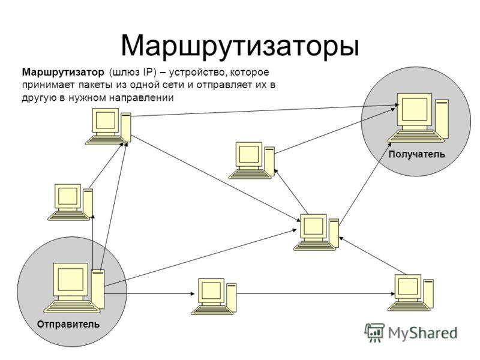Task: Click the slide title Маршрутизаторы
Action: click(x=240, y=47)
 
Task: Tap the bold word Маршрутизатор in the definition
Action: click(x=63, y=73)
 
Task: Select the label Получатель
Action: click(x=416, y=154)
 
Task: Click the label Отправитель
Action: click(x=68, y=324)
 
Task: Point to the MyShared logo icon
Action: click(x=374, y=332)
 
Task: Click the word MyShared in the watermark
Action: click(x=422, y=332)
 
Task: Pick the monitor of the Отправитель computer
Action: click(x=70, y=282)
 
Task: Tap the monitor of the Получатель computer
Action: click(x=415, y=111)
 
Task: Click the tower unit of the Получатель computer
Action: click(x=442, y=119)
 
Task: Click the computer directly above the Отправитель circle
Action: click(x=70, y=202)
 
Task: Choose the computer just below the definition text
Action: click(x=108, y=126)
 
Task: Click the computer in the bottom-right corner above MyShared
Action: click(x=411, y=293)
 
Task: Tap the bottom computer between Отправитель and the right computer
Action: click(x=214, y=296)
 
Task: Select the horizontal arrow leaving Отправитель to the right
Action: click(x=149, y=294)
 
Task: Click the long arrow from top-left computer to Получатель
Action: click(x=265, y=110)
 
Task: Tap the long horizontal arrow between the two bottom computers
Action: click(x=316, y=294)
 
